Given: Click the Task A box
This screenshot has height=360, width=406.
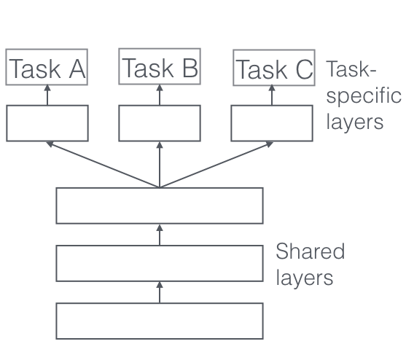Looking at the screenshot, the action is pos(47,67).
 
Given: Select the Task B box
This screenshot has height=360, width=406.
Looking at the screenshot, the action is pos(160,66).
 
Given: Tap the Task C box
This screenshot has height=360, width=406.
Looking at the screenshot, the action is pos(274,67).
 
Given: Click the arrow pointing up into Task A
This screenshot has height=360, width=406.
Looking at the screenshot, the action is pos(47,95).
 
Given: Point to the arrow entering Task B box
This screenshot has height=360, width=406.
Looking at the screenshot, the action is pos(160,95).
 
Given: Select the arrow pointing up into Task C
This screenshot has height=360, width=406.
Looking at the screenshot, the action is pos(272,95).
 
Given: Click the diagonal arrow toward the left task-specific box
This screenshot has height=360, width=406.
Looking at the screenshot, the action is pos(103,165).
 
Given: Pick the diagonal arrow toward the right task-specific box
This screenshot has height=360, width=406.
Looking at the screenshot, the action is pos(216,165).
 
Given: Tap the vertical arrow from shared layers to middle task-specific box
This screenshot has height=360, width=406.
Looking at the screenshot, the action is pos(160,165).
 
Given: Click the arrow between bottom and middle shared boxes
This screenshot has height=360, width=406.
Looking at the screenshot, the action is pos(160,292).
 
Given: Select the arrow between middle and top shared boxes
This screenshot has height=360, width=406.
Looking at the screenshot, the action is pos(160,235).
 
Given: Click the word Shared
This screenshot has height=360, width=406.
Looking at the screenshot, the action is pos(311,251).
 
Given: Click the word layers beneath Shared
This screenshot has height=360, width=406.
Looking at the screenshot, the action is pos(305,279).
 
